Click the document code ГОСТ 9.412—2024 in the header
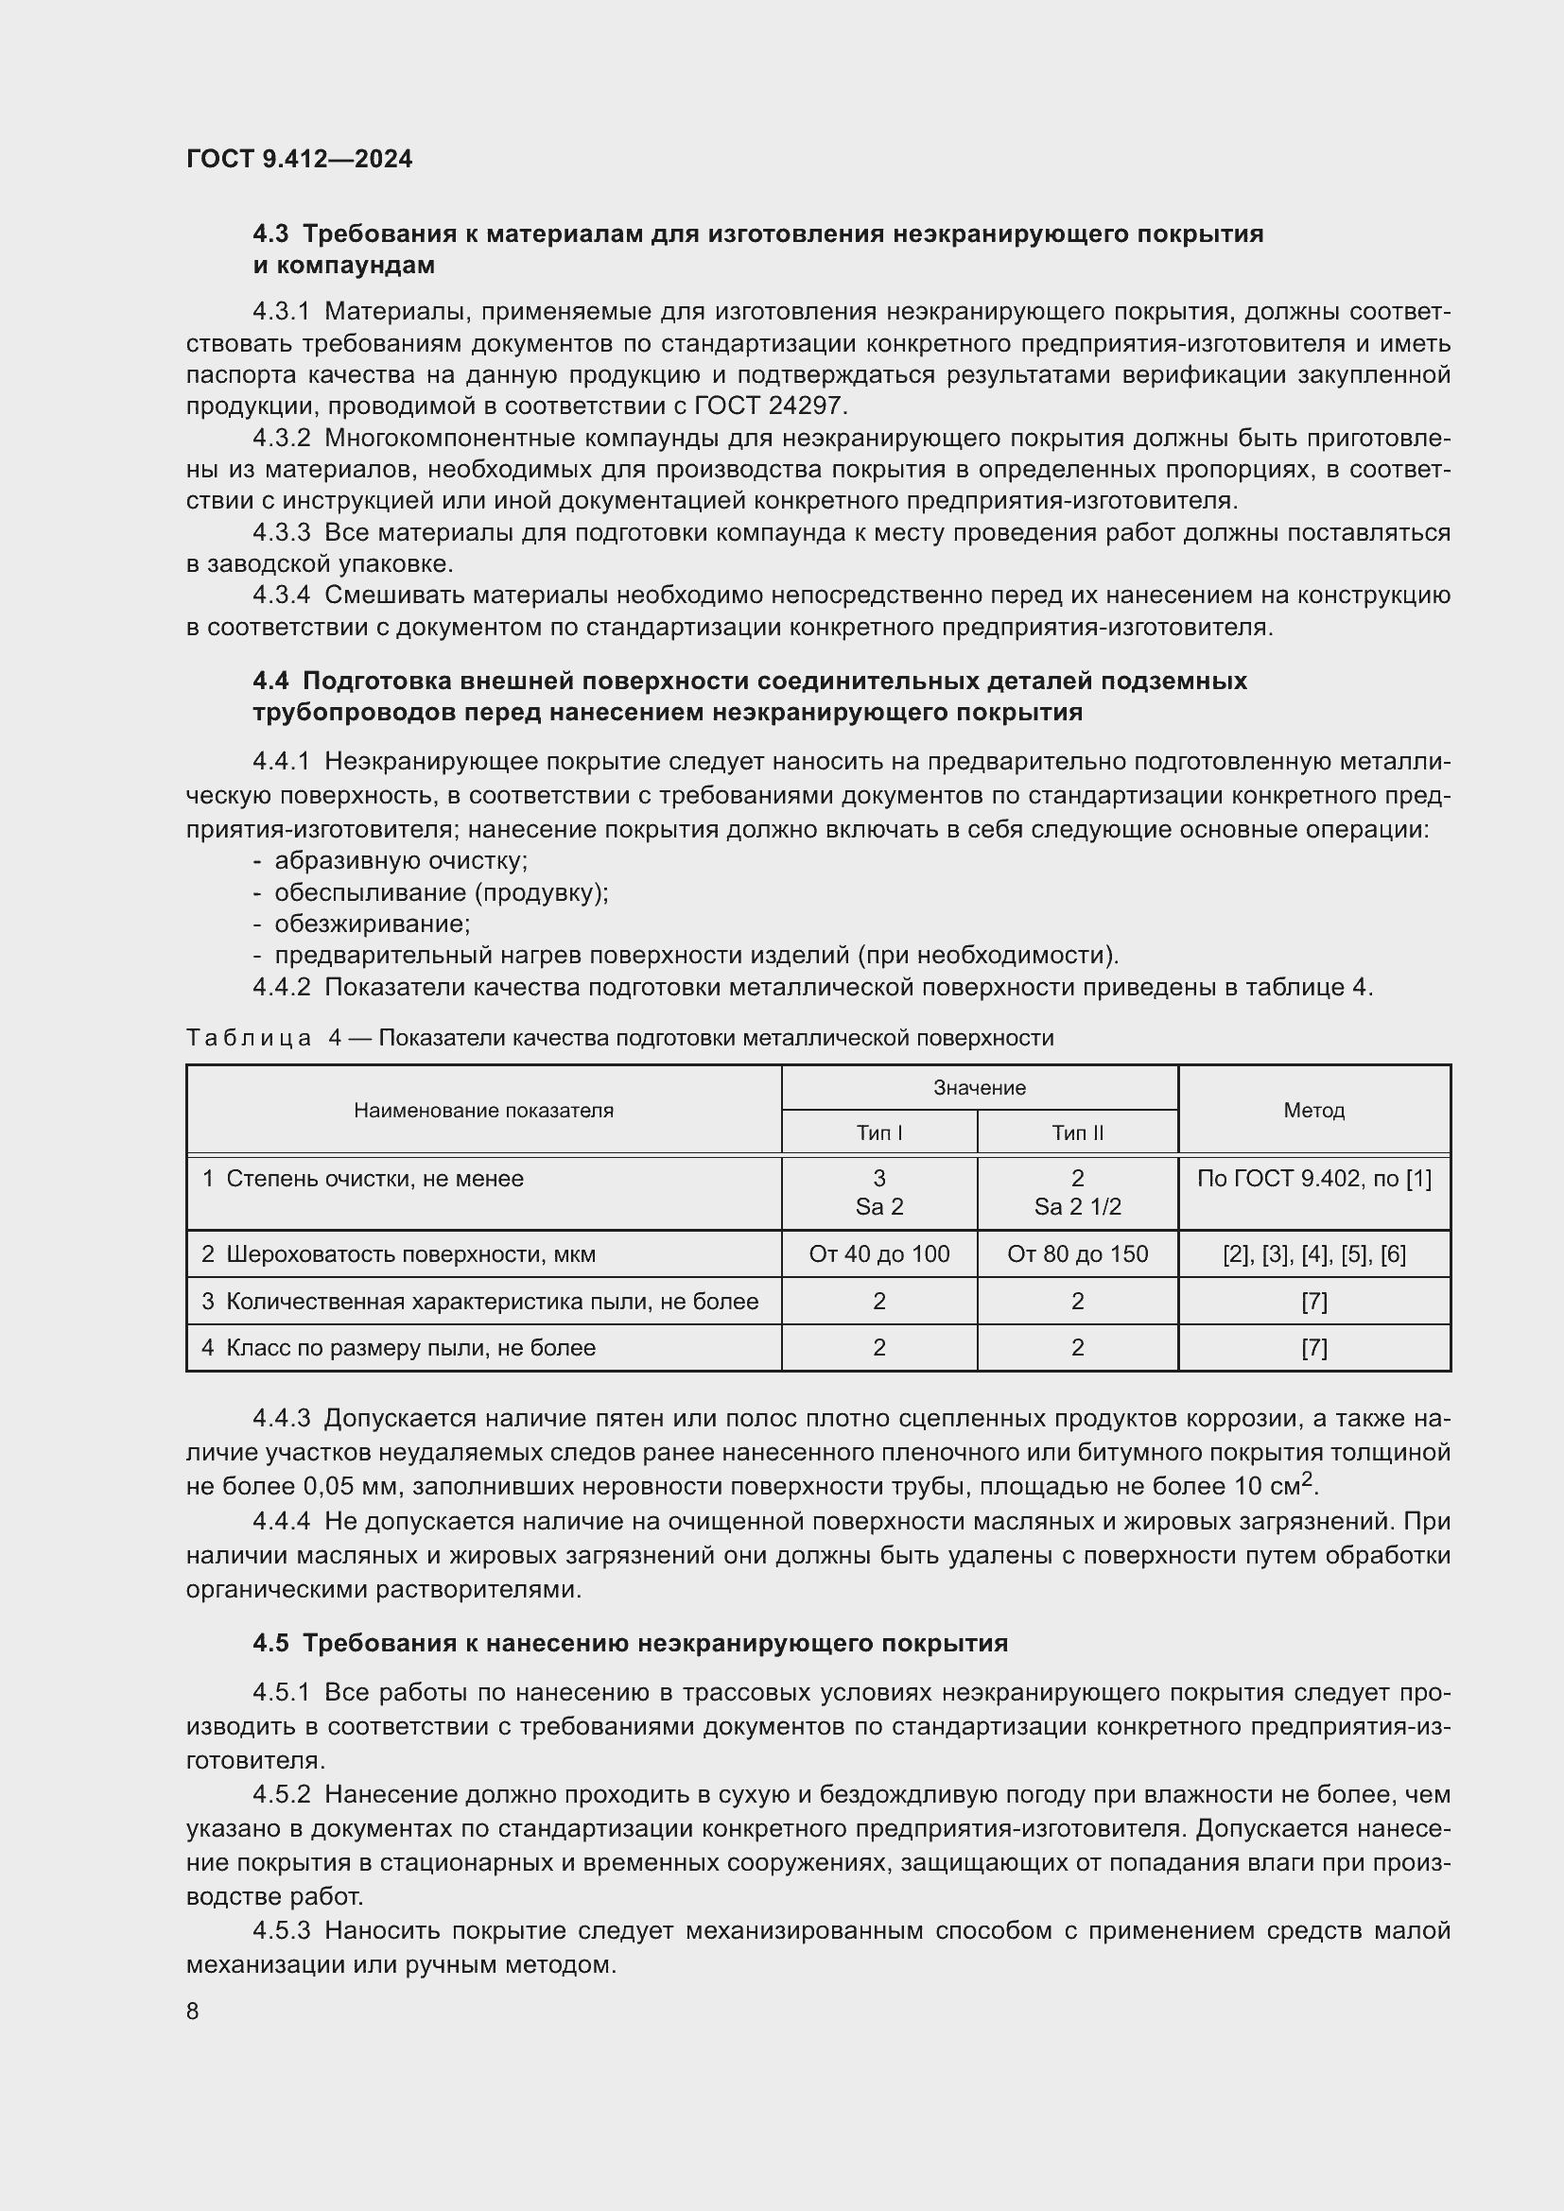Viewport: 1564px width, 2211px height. click(299, 159)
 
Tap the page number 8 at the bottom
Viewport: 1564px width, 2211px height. click(193, 2012)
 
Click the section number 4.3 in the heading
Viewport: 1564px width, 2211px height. click(270, 234)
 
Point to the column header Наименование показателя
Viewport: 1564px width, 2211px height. click(483, 1111)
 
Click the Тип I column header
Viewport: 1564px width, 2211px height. click(878, 1132)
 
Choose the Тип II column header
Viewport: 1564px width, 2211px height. click(1077, 1132)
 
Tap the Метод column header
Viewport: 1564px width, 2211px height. click(1313, 1111)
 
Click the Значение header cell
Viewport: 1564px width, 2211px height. click(980, 1088)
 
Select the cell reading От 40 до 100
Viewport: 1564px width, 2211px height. click(878, 1253)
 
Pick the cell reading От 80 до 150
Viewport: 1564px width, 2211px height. click(1077, 1253)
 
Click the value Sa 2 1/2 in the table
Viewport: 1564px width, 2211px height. click(1077, 1206)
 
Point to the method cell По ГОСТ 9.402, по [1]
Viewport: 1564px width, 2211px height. click(1313, 1179)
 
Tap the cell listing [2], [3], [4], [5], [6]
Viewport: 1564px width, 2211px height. click(1313, 1253)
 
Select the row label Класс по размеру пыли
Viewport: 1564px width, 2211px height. click(410, 1347)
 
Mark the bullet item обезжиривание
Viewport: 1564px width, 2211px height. click(372, 924)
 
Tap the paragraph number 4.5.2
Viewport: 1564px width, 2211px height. click(281, 1795)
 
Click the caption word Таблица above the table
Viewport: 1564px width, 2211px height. click(249, 1038)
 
